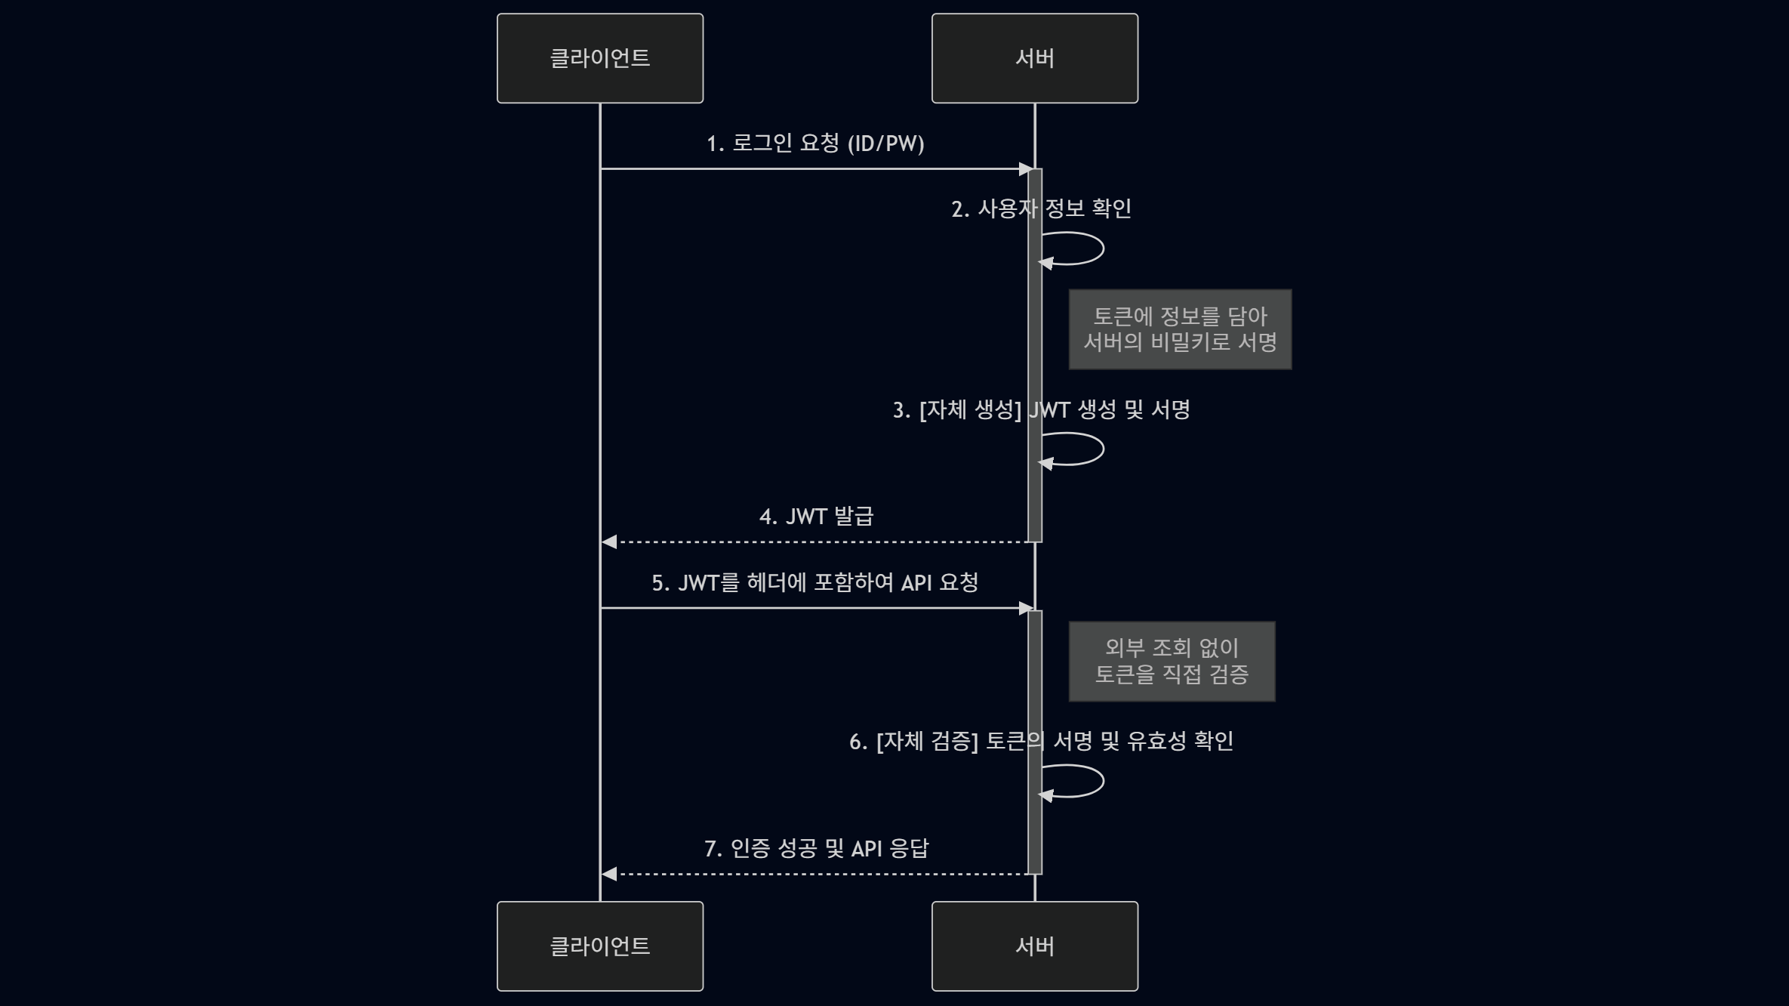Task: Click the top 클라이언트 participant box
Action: click(600, 58)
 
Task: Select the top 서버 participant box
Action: click(1034, 58)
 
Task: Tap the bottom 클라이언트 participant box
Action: click(600, 946)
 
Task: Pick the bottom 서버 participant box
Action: click(1034, 946)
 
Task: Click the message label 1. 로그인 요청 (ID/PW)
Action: click(815, 143)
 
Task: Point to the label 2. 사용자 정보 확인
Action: click(1041, 208)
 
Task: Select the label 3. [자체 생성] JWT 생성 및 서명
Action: click(1041, 410)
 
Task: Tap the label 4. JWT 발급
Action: click(816, 517)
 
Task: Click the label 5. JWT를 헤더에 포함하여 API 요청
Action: click(815, 582)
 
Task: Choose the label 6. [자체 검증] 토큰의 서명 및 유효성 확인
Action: click(1041, 741)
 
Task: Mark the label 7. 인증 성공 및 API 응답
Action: click(816, 848)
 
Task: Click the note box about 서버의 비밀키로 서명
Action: click(1180, 329)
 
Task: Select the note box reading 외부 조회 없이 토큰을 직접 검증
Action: click(1172, 661)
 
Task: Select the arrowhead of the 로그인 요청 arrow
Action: click(1025, 168)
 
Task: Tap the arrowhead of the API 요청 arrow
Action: click(1025, 608)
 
